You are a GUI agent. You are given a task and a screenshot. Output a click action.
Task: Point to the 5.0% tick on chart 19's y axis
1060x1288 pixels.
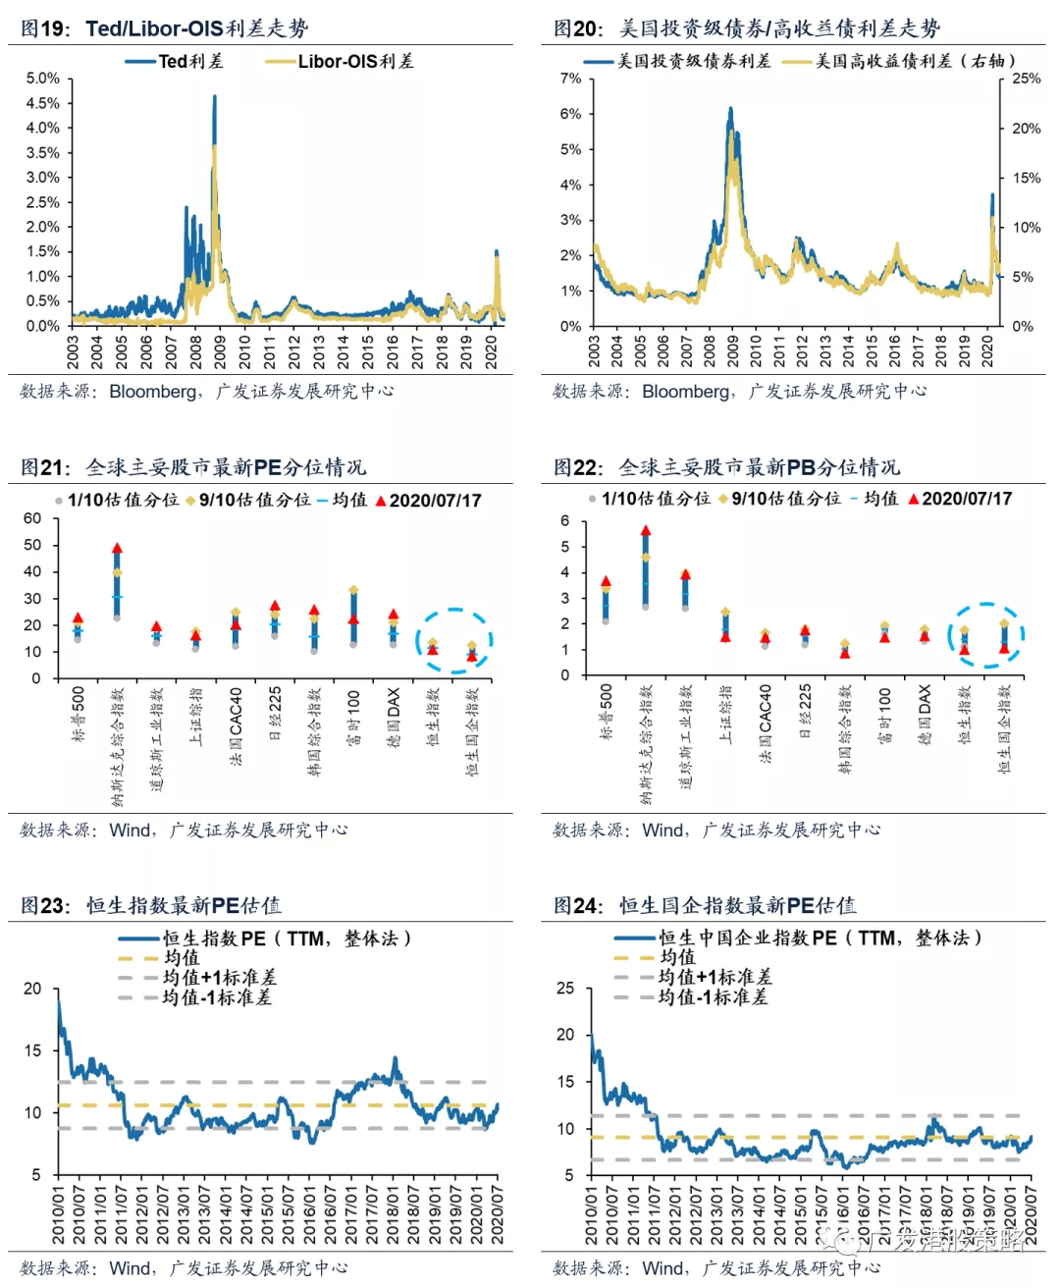pyautogui.click(x=42, y=79)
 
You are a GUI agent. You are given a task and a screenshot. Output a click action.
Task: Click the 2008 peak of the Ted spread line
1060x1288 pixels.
pyautogui.click(x=215, y=97)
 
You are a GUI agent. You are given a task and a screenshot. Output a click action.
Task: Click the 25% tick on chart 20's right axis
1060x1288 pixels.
pyautogui.click(x=1026, y=79)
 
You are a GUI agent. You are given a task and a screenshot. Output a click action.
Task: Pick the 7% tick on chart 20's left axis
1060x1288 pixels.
pyautogui.click(x=570, y=79)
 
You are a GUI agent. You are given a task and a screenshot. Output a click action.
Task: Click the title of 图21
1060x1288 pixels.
pyautogui.click(x=193, y=467)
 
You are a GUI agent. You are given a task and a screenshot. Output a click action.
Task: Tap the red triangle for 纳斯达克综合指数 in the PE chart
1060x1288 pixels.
pyautogui.click(x=117, y=549)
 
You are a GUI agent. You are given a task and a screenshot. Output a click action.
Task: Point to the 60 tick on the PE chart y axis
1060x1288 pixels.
pyautogui.click(x=32, y=518)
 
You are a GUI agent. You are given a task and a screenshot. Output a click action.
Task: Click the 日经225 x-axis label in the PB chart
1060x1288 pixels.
pyautogui.click(x=805, y=711)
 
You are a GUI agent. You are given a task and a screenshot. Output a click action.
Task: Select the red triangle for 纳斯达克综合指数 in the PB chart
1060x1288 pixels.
pyautogui.click(x=646, y=531)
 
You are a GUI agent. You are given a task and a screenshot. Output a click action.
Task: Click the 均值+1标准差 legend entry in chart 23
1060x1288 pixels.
pyautogui.click(x=219, y=978)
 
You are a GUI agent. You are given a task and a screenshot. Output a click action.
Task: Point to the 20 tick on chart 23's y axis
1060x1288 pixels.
pyautogui.click(x=32, y=989)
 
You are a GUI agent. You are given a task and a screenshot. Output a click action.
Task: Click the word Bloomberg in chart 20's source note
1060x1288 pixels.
pyautogui.click(x=685, y=392)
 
